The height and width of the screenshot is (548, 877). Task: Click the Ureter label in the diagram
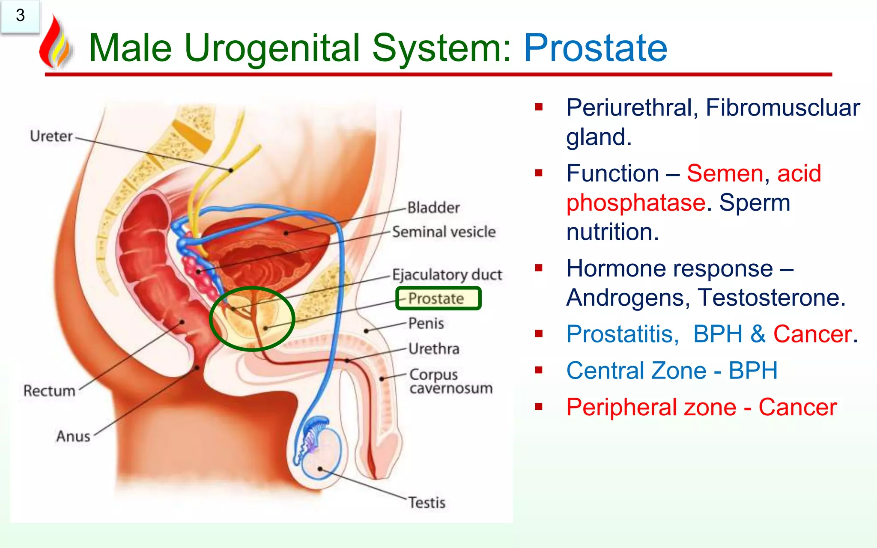(51, 136)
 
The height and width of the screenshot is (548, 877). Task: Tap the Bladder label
(433, 208)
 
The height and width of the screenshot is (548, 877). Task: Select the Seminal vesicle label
(444, 232)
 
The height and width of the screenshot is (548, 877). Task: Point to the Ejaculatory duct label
(447, 274)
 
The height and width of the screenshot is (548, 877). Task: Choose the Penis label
(426, 323)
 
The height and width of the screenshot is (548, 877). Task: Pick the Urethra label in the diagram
(433, 349)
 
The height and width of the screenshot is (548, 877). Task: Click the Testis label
(427, 502)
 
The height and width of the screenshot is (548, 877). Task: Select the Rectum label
(49, 391)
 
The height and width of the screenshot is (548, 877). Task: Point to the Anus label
(73, 436)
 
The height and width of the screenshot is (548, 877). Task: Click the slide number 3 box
(20, 16)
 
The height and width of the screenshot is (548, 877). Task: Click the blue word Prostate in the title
(595, 48)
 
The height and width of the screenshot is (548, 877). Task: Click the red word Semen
(725, 173)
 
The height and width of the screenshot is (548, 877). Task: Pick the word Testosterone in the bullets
(771, 298)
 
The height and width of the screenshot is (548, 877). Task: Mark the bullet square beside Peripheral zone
(539, 406)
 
